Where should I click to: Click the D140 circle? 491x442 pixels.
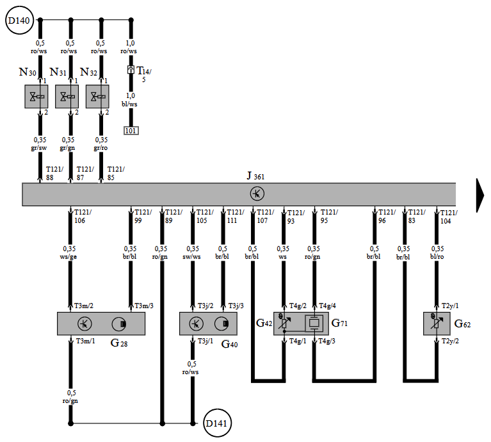(x=19, y=20)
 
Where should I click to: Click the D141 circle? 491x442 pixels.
(x=217, y=423)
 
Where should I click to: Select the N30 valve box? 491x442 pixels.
(x=36, y=97)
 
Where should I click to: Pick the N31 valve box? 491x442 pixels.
(x=67, y=97)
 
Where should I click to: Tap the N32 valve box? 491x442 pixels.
(x=97, y=97)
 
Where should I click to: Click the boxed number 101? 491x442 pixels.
(x=131, y=131)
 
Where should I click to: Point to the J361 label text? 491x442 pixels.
(x=255, y=176)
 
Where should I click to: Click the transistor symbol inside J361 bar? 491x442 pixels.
(x=257, y=193)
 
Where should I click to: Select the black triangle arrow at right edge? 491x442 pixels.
(x=480, y=195)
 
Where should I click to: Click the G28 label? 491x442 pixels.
(x=119, y=343)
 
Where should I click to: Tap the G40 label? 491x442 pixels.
(x=229, y=344)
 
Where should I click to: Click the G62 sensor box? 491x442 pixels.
(x=437, y=323)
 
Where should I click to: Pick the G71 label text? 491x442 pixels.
(x=339, y=323)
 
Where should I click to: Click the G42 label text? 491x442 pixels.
(x=264, y=323)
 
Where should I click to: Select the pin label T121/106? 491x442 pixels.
(x=83, y=216)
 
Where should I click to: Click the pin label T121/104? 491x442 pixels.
(x=449, y=217)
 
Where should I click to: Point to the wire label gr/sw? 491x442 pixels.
(x=39, y=148)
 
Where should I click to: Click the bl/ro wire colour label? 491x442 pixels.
(x=437, y=256)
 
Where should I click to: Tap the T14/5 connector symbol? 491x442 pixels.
(x=131, y=70)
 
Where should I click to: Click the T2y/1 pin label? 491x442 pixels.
(x=450, y=306)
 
